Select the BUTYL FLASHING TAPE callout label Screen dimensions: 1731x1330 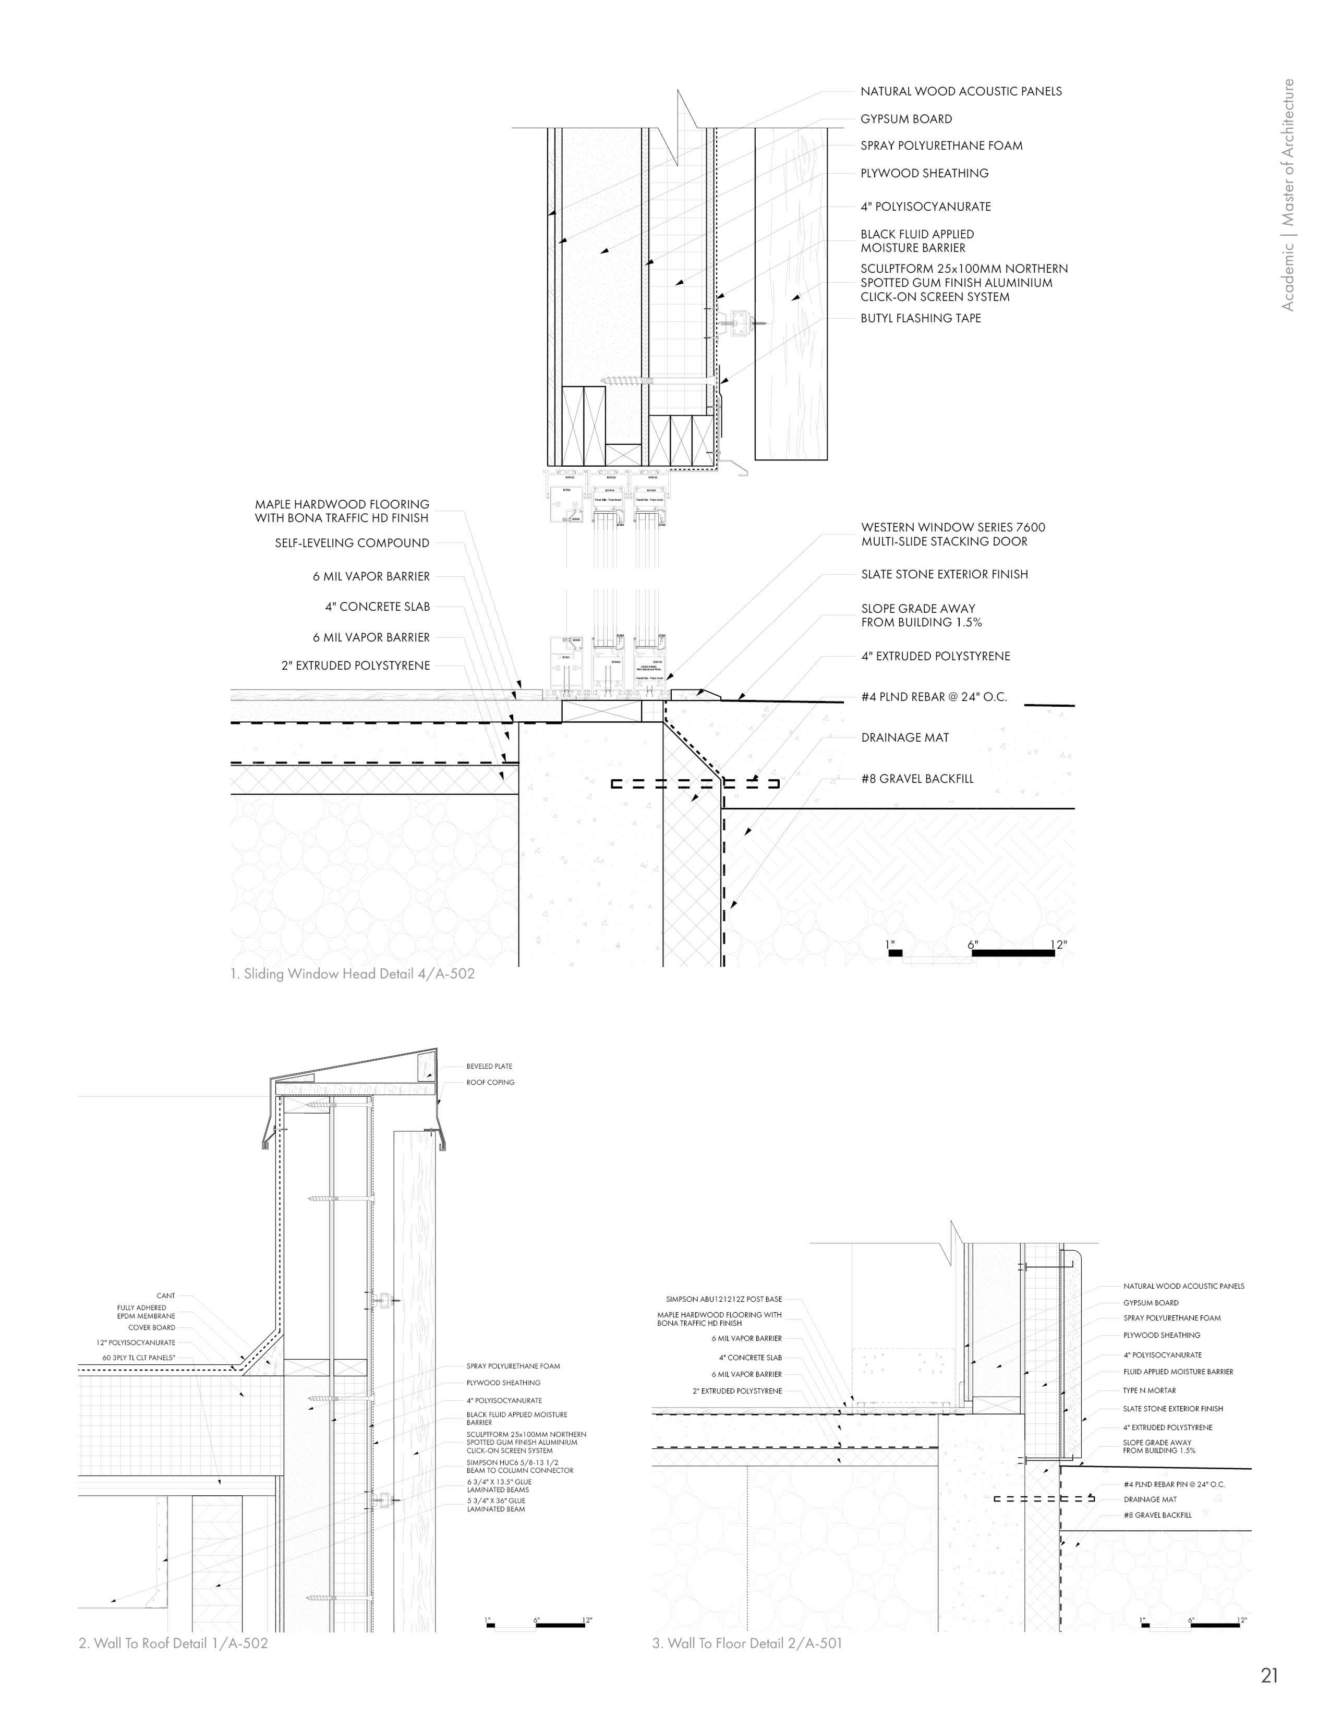tap(920, 318)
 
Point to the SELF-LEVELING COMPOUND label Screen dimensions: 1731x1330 tap(352, 543)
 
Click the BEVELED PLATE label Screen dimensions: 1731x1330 tap(489, 1066)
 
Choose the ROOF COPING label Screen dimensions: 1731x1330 tap(490, 1082)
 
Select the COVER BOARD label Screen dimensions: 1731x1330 tap(151, 1327)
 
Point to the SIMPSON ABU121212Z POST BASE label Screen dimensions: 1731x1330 tap(723, 1299)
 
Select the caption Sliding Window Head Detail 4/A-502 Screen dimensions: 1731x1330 tap(352, 974)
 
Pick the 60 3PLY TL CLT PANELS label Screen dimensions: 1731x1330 tap(139, 1358)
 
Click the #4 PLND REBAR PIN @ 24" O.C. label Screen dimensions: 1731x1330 tap(1173, 1484)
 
